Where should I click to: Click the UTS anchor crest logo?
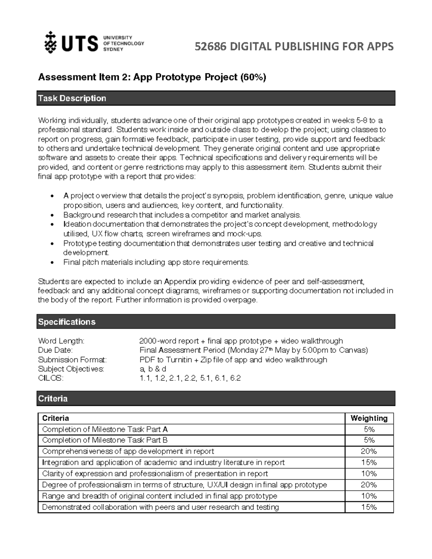coord(50,43)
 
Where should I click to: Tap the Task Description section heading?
coord(72,98)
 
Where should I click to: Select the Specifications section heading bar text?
coord(67,322)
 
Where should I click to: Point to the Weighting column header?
coord(369,418)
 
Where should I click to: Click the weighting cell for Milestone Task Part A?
coord(369,429)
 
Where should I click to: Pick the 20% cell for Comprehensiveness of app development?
coord(369,451)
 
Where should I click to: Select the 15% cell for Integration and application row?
coord(369,463)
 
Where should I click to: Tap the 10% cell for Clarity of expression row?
coord(369,474)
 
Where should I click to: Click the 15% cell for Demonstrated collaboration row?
coord(369,507)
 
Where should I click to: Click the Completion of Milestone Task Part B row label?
coord(105,440)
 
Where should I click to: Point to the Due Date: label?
coord(55,350)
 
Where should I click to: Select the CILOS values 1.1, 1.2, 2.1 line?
coord(190,378)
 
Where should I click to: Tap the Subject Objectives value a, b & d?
coord(153,369)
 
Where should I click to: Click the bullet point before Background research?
coord(53,215)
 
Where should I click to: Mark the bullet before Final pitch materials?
coord(53,262)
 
